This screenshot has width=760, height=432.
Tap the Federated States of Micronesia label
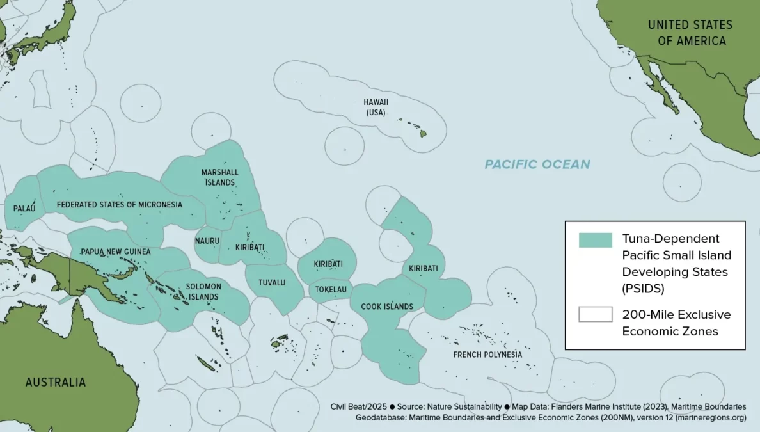119,205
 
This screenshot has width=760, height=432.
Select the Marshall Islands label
219,177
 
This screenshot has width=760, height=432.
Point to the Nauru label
207,241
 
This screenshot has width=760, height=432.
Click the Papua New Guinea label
115,252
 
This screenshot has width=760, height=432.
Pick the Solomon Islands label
203,291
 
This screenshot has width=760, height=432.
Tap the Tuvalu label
271,282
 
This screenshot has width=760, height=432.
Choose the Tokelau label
331,290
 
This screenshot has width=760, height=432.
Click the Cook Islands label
387,307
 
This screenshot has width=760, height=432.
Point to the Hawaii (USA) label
376,107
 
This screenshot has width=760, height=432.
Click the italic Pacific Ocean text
537,164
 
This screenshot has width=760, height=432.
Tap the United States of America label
690,33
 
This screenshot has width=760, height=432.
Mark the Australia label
55,382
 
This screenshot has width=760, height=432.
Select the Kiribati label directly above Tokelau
328,264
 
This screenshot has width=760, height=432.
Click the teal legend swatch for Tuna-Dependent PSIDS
595,240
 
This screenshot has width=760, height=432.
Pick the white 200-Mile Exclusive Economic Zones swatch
595,315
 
